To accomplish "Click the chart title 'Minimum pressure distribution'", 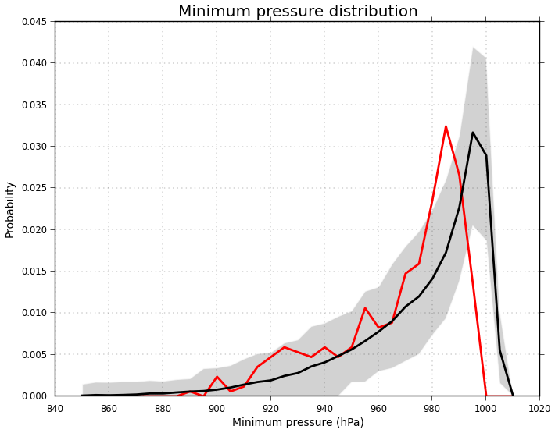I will (x=298, y=12).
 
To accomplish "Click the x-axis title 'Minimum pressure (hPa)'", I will (x=298, y=422).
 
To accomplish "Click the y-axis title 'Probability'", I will (x=10, y=209).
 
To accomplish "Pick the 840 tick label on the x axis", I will (x=55, y=408).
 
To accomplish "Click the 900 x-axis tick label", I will (x=217, y=408).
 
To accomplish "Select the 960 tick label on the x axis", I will (x=378, y=408).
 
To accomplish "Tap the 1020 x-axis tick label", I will (x=539, y=408).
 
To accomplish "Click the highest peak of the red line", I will (x=446, y=126).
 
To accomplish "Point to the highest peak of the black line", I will (x=472, y=133).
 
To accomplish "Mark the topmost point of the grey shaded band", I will (x=472, y=48).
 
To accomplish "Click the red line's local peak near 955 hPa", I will (x=365, y=307).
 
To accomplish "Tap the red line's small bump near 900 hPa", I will (x=217, y=377).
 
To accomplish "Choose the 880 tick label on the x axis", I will (x=163, y=408).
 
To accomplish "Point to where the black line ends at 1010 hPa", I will (x=513, y=396).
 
